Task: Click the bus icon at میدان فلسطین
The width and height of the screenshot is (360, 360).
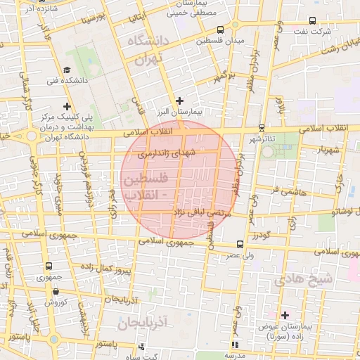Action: (x=221, y=30)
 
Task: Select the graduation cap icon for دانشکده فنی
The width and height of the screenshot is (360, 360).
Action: (x=67, y=70)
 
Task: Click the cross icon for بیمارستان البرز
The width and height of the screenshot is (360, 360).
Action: (x=180, y=100)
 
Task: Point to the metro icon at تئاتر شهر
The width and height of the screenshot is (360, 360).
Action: (x=262, y=127)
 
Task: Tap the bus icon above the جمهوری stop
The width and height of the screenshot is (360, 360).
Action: (x=49, y=266)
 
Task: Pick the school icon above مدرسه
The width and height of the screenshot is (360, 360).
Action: (x=235, y=345)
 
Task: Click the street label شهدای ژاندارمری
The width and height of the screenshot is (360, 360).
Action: (x=166, y=152)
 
